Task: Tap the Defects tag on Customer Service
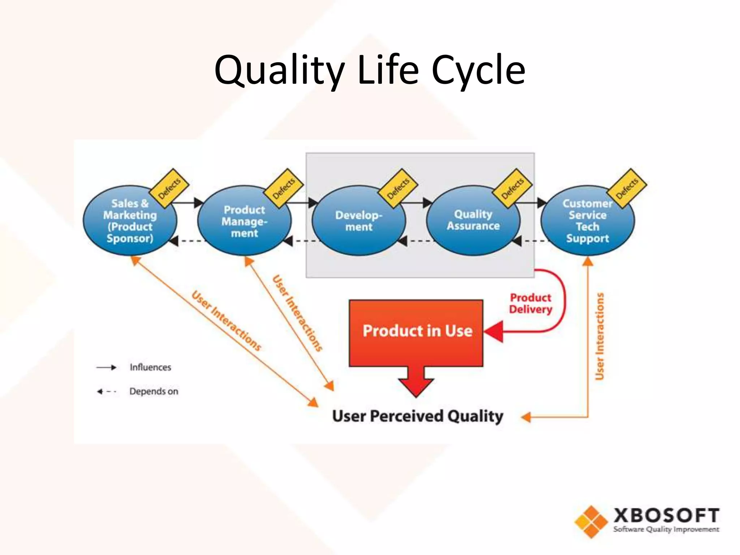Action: point(627,188)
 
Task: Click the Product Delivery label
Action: point(530,304)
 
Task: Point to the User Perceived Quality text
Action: point(418,416)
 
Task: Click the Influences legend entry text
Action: point(150,367)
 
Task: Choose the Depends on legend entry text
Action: point(154,391)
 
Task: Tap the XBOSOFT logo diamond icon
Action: point(591,522)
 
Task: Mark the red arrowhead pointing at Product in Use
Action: point(494,331)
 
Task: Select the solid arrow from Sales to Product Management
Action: point(188,203)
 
